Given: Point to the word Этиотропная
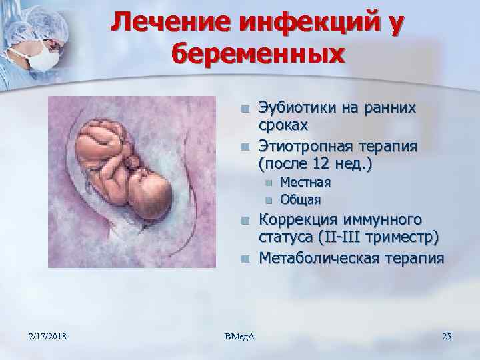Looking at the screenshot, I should [x=304, y=145].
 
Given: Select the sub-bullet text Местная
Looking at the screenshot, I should [x=305, y=182].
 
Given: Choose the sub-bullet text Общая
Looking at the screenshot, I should [x=300, y=199].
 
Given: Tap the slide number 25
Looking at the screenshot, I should [x=446, y=336].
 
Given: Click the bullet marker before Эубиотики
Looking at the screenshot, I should [x=245, y=108].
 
